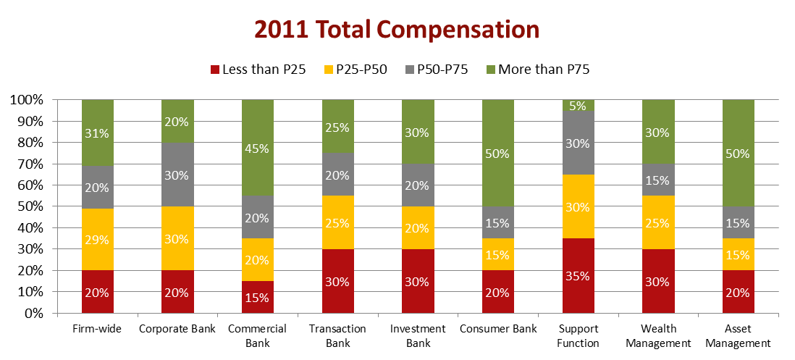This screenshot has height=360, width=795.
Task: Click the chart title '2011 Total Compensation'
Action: click(397, 30)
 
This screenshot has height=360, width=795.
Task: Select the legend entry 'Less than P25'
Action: click(258, 70)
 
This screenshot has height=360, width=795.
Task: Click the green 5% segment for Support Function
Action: click(578, 105)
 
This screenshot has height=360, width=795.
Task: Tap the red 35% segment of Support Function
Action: click(578, 276)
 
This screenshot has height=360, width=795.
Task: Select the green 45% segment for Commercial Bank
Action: click(258, 148)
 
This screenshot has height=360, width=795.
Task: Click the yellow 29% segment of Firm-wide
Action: click(98, 239)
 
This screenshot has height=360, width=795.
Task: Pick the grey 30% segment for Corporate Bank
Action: click(177, 175)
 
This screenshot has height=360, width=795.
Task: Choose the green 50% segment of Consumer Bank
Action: click(498, 153)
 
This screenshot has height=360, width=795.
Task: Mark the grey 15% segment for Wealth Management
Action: click(658, 180)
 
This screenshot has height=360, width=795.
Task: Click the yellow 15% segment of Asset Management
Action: click(738, 254)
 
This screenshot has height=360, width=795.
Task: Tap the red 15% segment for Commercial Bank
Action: click(258, 297)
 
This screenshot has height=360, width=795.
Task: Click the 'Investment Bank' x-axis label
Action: click(418, 335)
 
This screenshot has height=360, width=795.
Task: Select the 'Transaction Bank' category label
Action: click(338, 335)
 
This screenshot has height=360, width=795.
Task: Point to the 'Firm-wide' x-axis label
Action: click(98, 329)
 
